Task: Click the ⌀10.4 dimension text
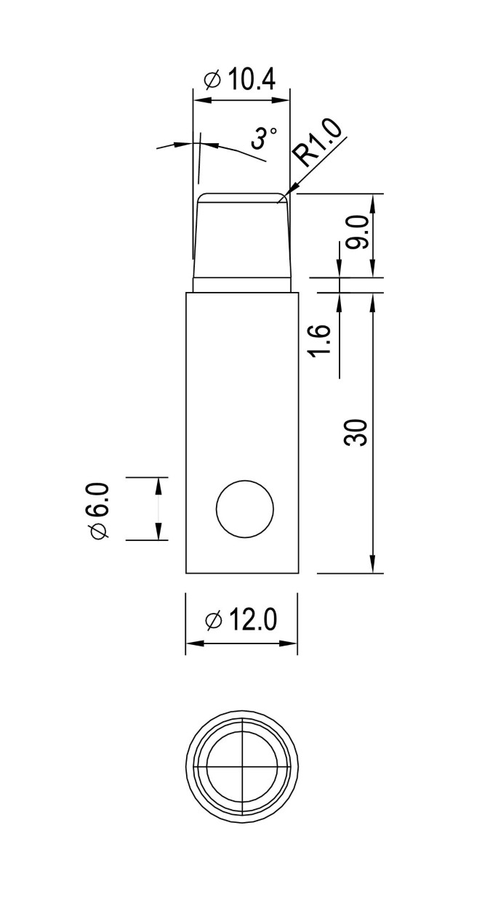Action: (x=240, y=78)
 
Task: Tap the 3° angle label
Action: (x=264, y=137)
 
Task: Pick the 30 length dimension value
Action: (x=359, y=432)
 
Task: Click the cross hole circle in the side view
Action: (x=245, y=509)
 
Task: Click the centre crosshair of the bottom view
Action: (x=241, y=766)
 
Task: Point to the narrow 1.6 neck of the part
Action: (x=242, y=285)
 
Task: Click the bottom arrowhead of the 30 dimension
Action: (x=373, y=568)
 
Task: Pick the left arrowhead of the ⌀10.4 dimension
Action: (x=197, y=99)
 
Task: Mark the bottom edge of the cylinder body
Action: (x=242, y=573)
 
